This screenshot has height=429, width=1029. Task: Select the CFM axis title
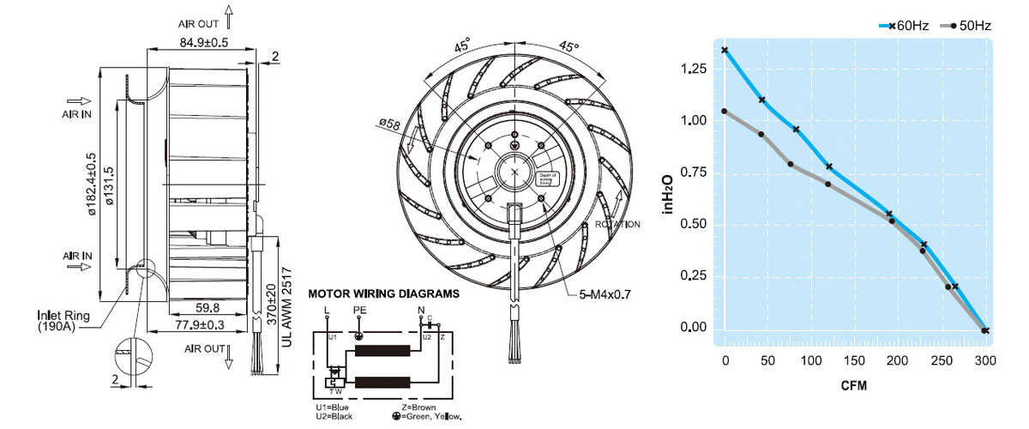(854, 386)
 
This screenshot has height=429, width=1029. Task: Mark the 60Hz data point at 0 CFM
(725, 51)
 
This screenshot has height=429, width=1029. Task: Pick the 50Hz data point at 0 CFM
(725, 111)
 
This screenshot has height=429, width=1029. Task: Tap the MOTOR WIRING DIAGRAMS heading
(383, 293)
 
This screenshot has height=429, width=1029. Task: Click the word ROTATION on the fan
(617, 225)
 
